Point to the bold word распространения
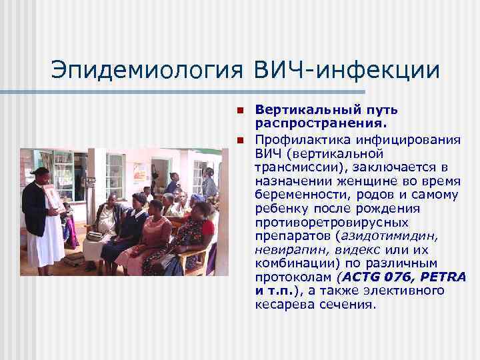[x=307, y=123]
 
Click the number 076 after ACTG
[x=385, y=277]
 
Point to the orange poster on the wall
[x=141, y=173]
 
